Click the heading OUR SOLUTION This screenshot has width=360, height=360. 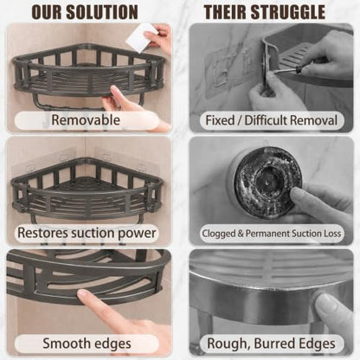click(x=85, y=12)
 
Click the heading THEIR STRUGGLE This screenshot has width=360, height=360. click(x=265, y=12)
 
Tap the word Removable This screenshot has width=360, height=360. click(x=86, y=119)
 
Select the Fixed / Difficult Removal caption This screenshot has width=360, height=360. click(x=271, y=120)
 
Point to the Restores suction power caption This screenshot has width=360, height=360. click(x=87, y=233)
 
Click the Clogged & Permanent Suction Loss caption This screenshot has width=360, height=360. click(x=271, y=234)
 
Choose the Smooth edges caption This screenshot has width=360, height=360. click(x=87, y=344)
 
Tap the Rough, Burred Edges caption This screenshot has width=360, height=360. click(x=271, y=344)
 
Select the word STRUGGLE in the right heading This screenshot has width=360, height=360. click(x=288, y=12)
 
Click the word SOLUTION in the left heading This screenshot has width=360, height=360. click(x=102, y=12)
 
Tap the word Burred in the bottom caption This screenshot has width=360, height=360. click(x=274, y=344)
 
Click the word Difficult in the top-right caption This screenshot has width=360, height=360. click(x=266, y=120)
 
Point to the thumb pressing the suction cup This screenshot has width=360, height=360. click(x=301, y=199)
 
